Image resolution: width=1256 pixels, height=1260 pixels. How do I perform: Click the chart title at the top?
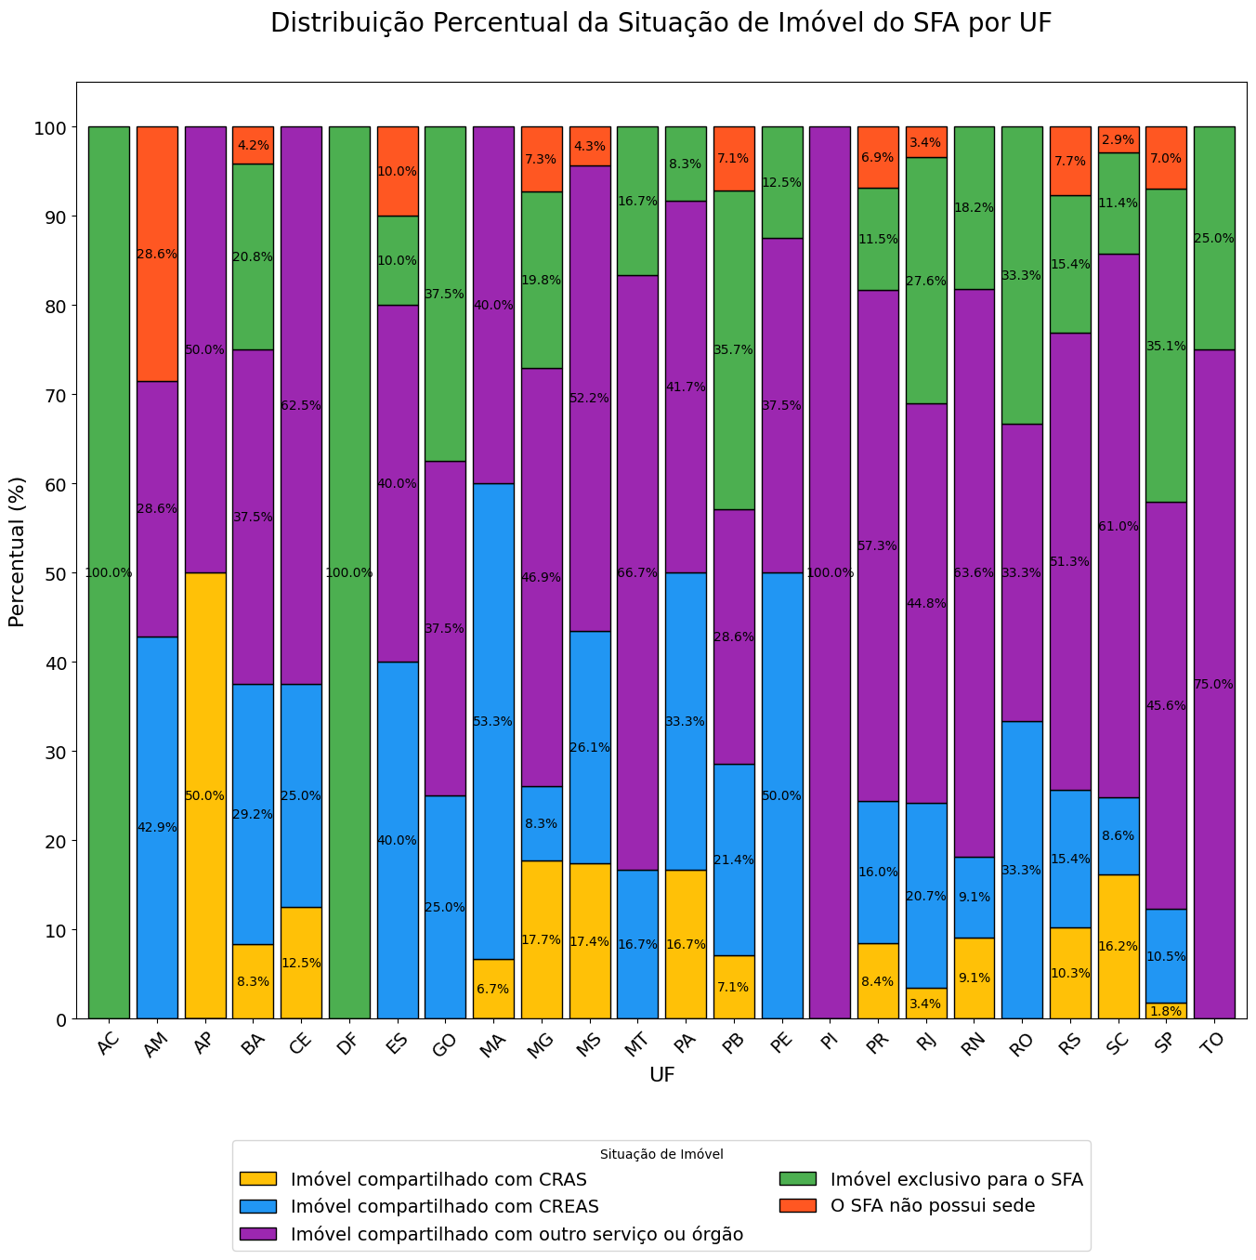661,24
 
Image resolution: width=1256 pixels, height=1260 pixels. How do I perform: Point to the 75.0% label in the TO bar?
1214,684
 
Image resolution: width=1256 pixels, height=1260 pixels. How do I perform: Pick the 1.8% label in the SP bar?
1166,1011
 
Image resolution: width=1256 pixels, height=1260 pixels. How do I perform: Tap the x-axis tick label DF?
347,1045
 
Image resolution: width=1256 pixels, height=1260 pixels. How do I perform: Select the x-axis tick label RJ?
925,1045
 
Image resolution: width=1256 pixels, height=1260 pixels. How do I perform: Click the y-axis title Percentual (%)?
17,551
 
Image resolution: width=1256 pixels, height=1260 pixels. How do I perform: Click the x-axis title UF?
661,1075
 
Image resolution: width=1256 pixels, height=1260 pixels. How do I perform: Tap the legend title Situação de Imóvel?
661,1154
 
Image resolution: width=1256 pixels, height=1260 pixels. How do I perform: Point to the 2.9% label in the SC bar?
1118,139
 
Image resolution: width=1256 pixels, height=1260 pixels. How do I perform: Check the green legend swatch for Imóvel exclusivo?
797,1179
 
